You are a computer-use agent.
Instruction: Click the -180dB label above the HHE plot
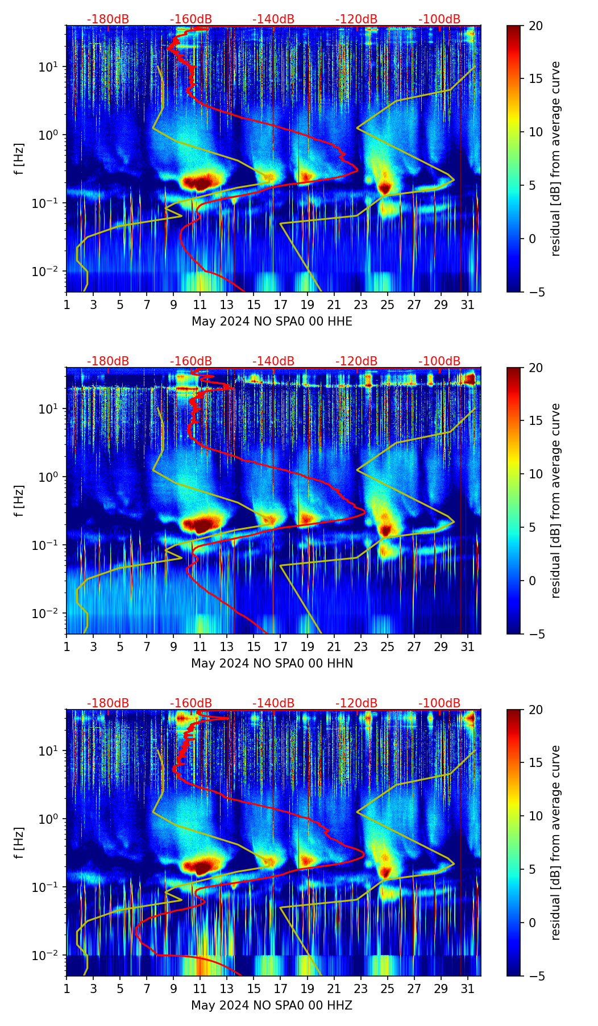click(x=108, y=19)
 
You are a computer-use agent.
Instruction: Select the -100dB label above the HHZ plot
click(x=439, y=703)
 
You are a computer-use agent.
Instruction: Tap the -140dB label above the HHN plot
click(x=273, y=361)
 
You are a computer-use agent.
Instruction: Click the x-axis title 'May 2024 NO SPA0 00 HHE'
click(x=272, y=322)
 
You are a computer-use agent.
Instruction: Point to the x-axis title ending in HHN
click(x=272, y=664)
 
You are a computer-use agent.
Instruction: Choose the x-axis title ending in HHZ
click(x=272, y=1006)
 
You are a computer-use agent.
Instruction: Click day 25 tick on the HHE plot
click(x=388, y=305)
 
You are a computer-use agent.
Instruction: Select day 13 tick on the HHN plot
click(x=227, y=647)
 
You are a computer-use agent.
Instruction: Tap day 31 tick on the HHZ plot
click(x=468, y=989)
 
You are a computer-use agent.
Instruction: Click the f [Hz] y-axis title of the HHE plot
click(x=19, y=159)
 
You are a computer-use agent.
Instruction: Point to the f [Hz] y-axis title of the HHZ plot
click(x=19, y=843)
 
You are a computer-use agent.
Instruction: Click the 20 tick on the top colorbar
click(x=536, y=26)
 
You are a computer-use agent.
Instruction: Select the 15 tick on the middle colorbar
click(x=536, y=421)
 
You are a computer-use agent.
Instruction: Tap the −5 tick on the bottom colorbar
click(x=536, y=976)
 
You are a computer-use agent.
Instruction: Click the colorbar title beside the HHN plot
click(x=556, y=501)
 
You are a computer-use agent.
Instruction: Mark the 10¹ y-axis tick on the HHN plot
click(x=50, y=409)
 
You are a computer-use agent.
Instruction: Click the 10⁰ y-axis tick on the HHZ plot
click(x=50, y=819)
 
